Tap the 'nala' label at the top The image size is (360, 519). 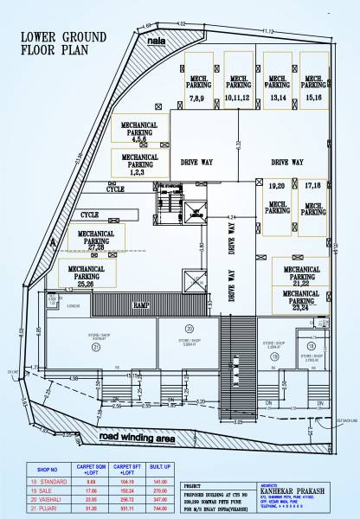point(157,41)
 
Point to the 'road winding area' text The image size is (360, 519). point(137,439)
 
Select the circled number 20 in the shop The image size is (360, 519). point(189,329)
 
